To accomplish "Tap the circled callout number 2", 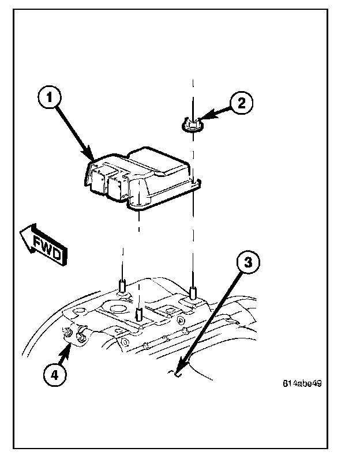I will (x=241, y=103).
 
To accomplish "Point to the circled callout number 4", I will (x=52, y=375).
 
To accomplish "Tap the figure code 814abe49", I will (x=302, y=383).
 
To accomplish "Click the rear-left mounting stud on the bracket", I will (x=122, y=286).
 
